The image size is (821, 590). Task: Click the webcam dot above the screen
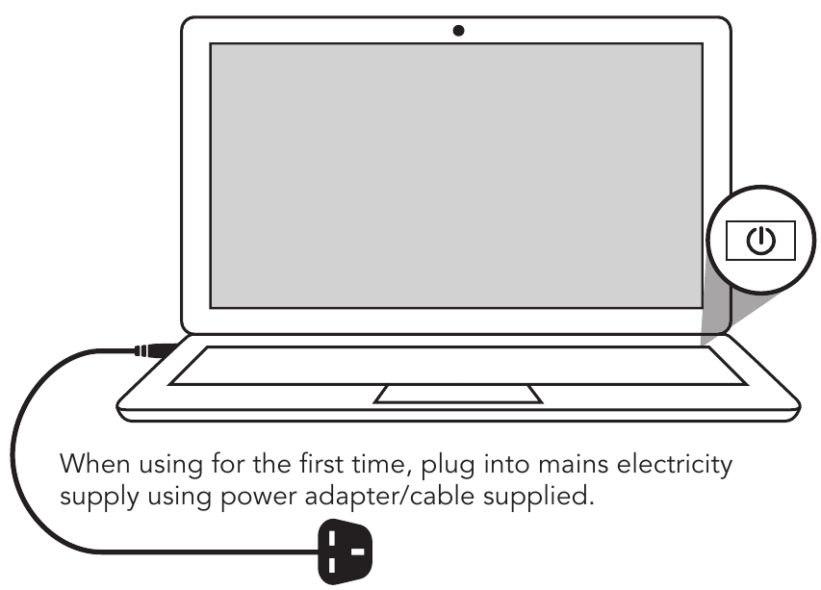coord(458,31)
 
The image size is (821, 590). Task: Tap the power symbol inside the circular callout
coord(760,240)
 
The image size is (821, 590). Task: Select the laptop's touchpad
coord(458,394)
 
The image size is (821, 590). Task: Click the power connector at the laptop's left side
coord(154,349)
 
